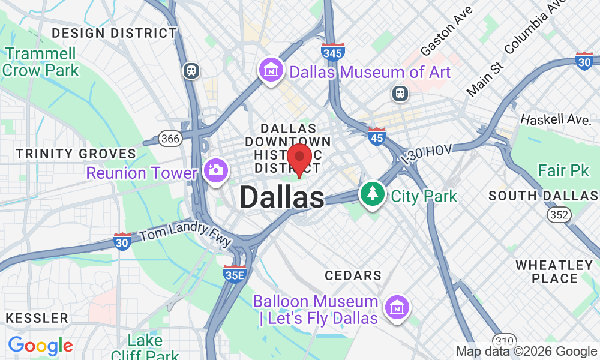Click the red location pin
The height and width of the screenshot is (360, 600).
point(299,159)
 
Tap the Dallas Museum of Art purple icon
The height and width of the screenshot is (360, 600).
point(271,71)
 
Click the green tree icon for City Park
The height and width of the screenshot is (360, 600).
point(373,194)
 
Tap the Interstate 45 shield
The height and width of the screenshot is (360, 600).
point(377,136)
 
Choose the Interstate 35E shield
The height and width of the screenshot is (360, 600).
point(234,274)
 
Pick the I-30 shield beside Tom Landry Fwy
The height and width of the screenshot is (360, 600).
point(122,241)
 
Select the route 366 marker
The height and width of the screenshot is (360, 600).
point(170,139)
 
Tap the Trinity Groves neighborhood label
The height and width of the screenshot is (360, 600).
point(76,154)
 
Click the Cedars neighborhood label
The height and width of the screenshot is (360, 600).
point(353,275)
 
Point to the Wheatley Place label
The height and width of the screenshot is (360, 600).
point(554,272)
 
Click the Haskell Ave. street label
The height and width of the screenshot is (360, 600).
point(555,119)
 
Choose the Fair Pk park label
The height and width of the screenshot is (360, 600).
point(563,170)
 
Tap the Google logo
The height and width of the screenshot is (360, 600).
point(40,346)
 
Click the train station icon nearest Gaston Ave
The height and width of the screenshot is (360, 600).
point(399,93)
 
